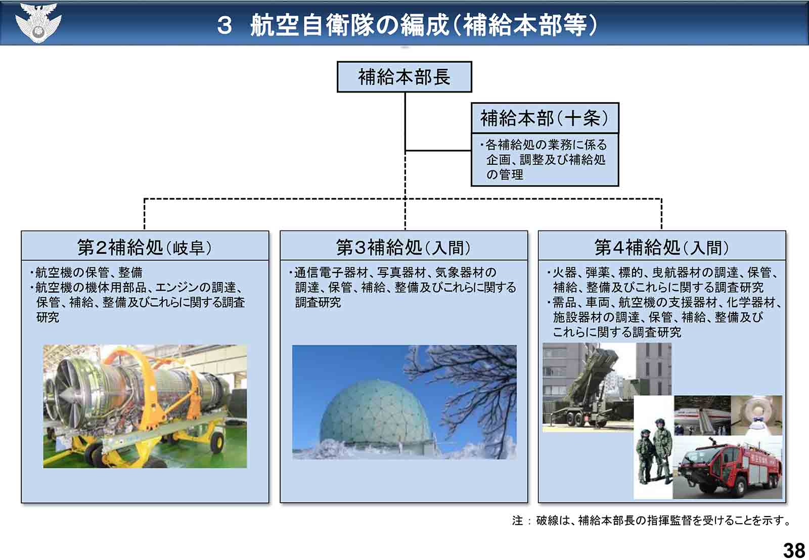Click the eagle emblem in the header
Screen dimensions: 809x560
38,22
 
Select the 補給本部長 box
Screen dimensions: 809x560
404,77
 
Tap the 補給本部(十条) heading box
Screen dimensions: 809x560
545,118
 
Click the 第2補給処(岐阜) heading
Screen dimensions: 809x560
145,247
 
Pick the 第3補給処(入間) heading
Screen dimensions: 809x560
404,247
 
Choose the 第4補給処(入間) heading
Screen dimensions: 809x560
662,247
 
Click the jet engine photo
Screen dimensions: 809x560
145,406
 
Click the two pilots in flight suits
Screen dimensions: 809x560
654,451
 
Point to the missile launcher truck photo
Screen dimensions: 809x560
588,386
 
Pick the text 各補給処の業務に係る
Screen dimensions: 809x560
546,145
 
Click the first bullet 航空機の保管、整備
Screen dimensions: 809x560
89,272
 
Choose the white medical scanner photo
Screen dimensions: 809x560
756,415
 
